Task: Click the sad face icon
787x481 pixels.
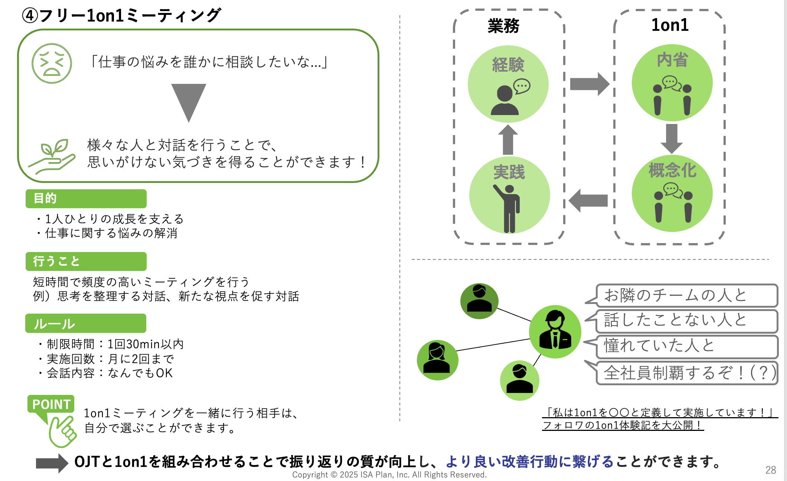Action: coord(52,63)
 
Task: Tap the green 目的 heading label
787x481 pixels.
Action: coord(86,199)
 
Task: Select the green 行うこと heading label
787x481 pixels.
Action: coord(86,261)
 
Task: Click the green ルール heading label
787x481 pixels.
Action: coord(86,324)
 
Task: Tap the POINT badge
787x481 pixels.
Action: coord(51,404)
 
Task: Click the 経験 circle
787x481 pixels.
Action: coord(508,84)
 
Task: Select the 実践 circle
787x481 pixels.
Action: coord(509,195)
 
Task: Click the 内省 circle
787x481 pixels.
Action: coord(672,83)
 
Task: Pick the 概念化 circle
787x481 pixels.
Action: coord(672,193)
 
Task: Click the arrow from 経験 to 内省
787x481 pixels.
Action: coord(589,84)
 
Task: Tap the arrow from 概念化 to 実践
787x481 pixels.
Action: coord(588,200)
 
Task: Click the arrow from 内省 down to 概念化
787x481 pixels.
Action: coord(672,138)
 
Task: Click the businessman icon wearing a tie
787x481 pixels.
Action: coord(555,332)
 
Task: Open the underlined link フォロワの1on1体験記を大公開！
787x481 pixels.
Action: coord(623,425)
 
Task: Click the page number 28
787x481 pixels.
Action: coord(771,470)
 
